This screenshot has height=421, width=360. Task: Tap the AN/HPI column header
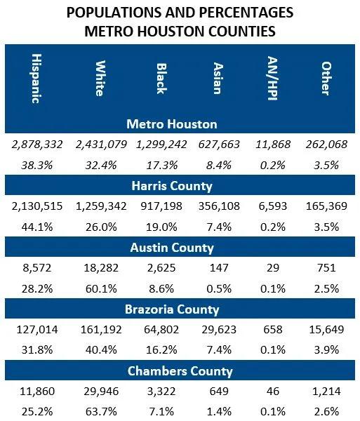tap(267, 78)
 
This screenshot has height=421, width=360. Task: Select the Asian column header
tap(218, 78)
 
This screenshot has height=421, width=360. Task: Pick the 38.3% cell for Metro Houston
tap(37, 166)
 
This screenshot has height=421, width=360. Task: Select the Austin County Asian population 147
tap(217, 267)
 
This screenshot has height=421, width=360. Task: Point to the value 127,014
tap(37, 329)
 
